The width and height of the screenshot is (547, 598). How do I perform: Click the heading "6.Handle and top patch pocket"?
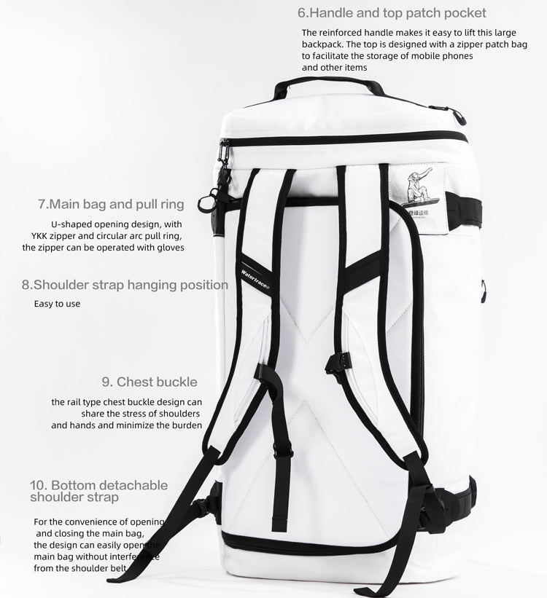[x=392, y=13]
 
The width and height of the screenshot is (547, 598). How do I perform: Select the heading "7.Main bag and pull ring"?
[x=111, y=204]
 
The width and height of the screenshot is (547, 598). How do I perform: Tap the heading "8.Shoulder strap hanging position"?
[x=125, y=285]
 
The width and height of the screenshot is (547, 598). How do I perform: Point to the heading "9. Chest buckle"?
[x=150, y=382]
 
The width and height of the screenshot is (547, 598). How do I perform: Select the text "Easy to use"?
[x=57, y=304]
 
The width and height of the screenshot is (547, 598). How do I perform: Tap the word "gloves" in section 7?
[x=168, y=247]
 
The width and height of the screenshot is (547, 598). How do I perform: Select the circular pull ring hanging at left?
[x=208, y=200]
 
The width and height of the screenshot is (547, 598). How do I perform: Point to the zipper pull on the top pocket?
[x=459, y=116]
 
